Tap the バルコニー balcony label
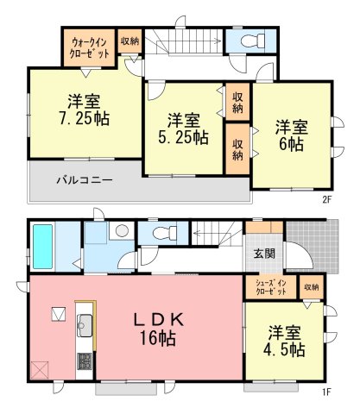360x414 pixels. (x=84, y=181)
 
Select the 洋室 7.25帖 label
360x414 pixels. (x=85, y=110)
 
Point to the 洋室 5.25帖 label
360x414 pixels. (x=184, y=129)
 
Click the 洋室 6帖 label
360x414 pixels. (x=292, y=135)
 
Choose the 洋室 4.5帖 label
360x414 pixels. (x=284, y=341)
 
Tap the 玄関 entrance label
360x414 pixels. (x=264, y=254)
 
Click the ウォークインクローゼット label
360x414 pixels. (x=90, y=48)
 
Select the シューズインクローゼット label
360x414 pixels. (x=271, y=287)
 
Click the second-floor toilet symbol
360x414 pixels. (x=254, y=41)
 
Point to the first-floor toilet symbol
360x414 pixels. (x=165, y=233)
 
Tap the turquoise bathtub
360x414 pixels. (x=42, y=247)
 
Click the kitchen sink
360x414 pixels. (x=85, y=325)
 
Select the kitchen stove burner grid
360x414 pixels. (x=85, y=361)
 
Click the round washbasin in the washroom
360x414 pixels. (x=122, y=230)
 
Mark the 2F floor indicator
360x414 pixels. (x=327, y=199)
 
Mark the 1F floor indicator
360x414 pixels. (x=327, y=392)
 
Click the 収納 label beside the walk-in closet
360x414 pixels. (x=129, y=41)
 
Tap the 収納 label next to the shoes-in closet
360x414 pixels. (x=312, y=287)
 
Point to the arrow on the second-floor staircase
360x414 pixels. (x=189, y=41)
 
